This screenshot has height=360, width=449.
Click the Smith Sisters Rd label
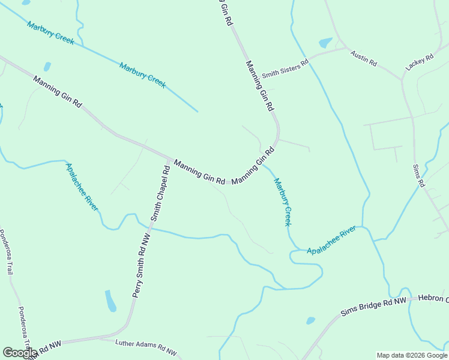pos(285,68)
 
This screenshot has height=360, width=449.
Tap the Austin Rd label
pos(364,58)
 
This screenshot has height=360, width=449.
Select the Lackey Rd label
pos(419,63)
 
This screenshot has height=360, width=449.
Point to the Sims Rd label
pos(419,175)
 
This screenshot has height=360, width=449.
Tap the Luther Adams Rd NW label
pos(147,347)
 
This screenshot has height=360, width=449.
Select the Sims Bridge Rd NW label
pos(373,306)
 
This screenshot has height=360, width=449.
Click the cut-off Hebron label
pos(433,298)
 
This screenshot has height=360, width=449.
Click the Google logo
pos(19,353)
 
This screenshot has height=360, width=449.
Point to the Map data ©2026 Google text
pos(412,355)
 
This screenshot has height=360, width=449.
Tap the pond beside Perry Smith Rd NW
pos(110,301)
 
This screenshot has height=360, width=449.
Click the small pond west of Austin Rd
pos(325,43)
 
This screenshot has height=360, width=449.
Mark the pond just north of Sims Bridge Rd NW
pos(310,320)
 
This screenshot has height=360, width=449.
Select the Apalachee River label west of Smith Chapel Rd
pos(82,187)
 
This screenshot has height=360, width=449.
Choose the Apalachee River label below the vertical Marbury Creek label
pos(331,241)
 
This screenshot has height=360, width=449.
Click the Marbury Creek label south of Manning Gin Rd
pos(282,201)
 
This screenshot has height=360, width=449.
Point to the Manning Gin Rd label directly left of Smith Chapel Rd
pos(57,91)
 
